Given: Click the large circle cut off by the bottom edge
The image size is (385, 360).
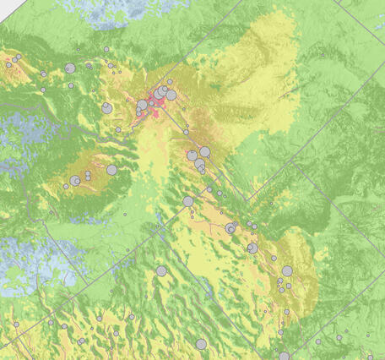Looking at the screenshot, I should click(x=284, y=357).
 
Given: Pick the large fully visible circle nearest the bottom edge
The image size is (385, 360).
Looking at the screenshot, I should click(x=201, y=345).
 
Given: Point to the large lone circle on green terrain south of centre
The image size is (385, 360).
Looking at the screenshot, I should click(x=161, y=271).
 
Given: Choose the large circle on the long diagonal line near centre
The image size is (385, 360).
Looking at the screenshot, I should click(x=187, y=201).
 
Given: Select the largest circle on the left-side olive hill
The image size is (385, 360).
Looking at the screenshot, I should click(x=111, y=170).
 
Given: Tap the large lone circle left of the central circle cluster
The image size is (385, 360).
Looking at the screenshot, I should click(x=106, y=107).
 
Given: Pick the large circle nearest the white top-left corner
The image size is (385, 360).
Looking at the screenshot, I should click(x=70, y=68).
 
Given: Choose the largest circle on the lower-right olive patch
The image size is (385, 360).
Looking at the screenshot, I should click(x=287, y=271).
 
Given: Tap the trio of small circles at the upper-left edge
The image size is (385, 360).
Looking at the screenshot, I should click(x=14, y=60).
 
